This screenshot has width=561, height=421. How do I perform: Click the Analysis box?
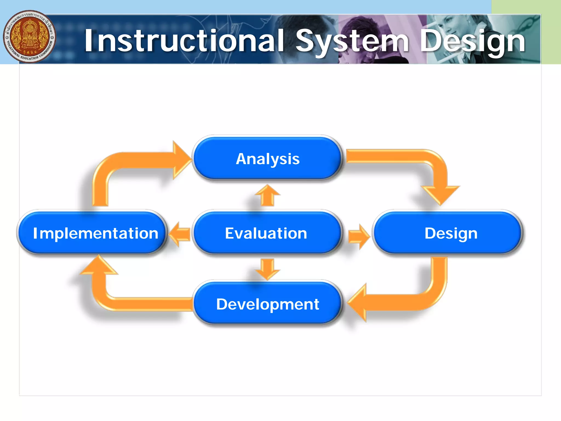coord(267,158)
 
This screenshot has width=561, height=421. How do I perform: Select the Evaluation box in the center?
coord(266,233)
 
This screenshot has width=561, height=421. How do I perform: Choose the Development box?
coord(267,304)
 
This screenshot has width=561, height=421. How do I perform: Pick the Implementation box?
coord(93,233)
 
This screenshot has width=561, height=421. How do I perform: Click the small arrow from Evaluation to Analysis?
coord(267,195)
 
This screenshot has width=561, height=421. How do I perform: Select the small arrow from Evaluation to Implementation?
coord(179,234)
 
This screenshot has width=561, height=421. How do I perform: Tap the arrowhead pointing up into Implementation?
coord(99,266)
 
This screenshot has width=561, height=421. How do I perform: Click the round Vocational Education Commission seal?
coord(30,36)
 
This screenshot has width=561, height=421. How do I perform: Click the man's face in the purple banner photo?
coord(356,30)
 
